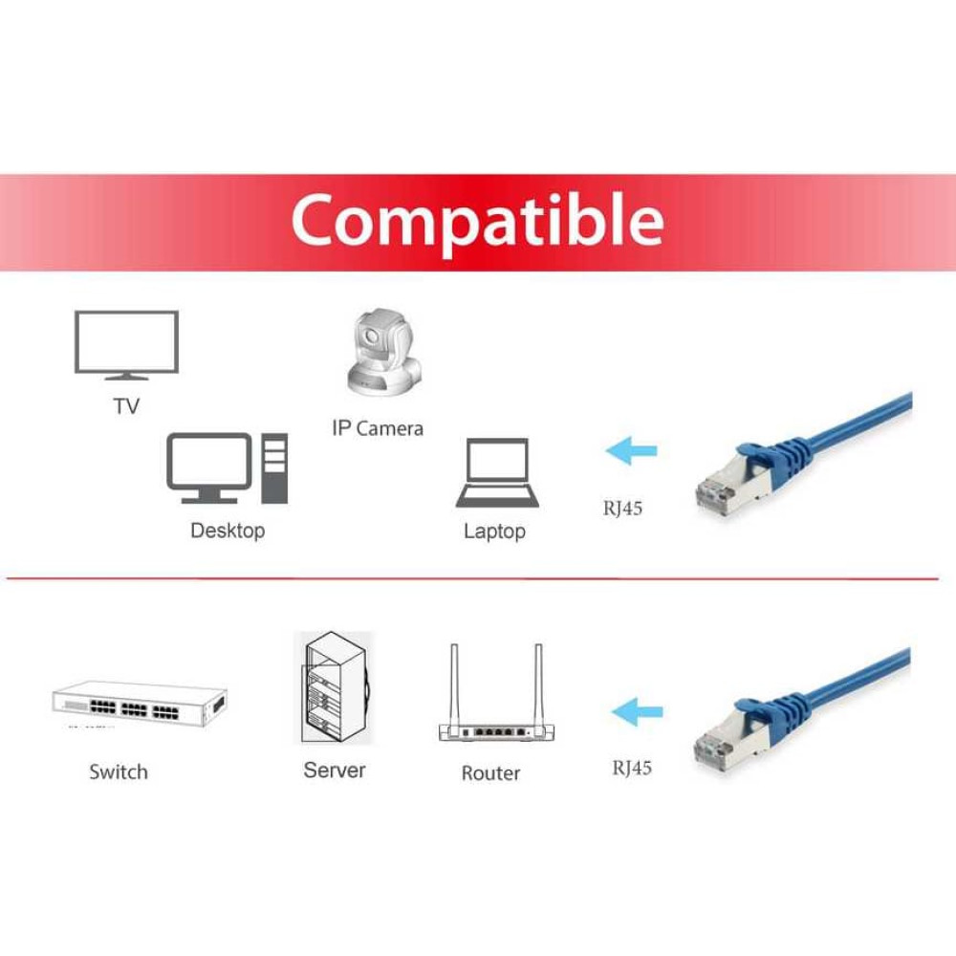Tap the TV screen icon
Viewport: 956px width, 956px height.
[x=127, y=345]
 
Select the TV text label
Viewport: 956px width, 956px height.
[x=127, y=406]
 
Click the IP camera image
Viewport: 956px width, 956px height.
[x=384, y=351]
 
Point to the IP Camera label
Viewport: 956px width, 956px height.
[x=378, y=428]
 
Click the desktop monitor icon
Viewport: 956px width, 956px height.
[x=209, y=467]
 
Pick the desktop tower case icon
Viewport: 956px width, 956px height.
[x=274, y=468]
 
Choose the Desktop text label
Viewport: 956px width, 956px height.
[x=228, y=531]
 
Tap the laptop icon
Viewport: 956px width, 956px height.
[x=497, y=473]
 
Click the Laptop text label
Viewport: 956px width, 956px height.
[x=494, y=531]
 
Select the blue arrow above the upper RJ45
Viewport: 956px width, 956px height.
[x=632, y=451]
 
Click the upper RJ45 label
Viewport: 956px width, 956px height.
[x=622, y=508]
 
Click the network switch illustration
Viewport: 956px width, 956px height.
[x=140, y=705]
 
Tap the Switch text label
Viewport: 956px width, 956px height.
[x=119, y=771]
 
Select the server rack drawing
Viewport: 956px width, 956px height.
[x=335, y=687]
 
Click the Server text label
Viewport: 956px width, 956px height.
[x=335, y=770]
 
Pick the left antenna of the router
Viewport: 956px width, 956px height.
[x=454, y=685]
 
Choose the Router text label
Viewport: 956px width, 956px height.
[x=490, y=773]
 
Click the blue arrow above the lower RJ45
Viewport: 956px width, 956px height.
[x=637, y=712]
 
